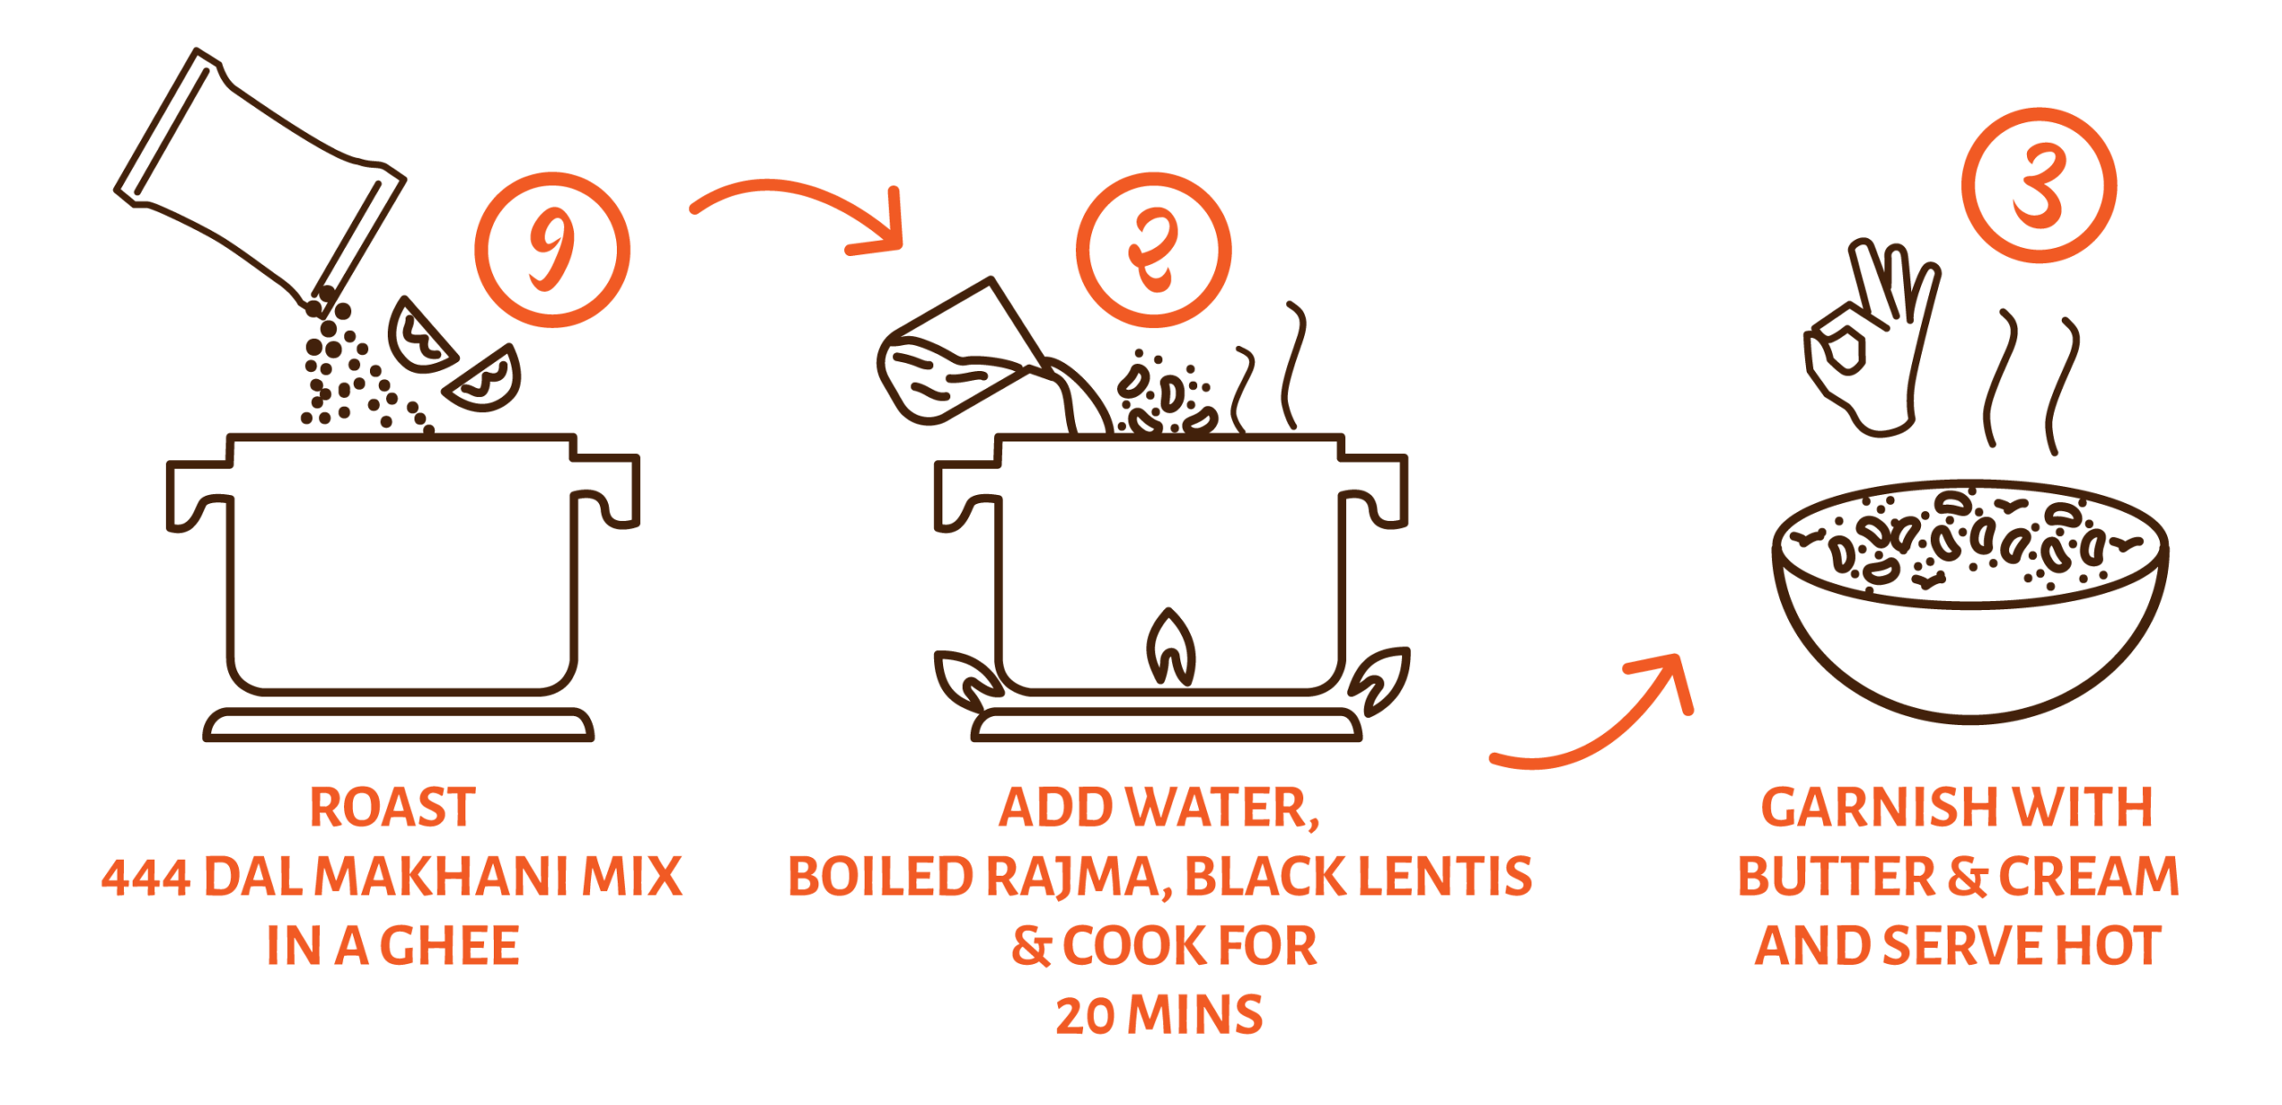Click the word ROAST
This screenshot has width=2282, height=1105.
[392, 807]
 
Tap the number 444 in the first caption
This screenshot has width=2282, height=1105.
[145, 877]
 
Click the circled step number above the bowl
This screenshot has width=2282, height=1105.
[2039, 186]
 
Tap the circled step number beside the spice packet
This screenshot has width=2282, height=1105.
[552, 250]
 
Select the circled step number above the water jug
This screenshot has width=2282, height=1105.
[1153, 250]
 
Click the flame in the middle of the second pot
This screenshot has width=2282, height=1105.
[1170, 647]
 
